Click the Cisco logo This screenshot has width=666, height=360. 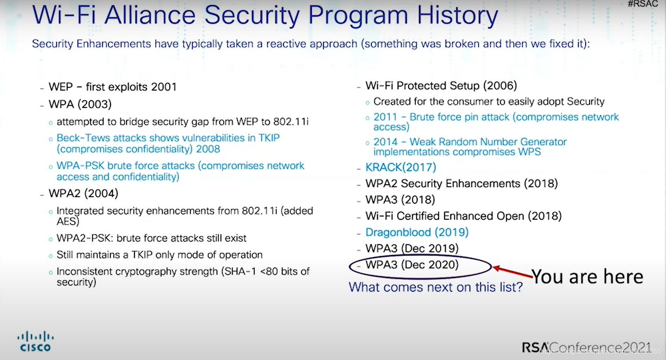click(x=35, y=341)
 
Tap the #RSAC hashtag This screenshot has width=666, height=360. click(x=643, y=4)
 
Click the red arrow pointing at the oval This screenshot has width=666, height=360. click(x=512, y=272)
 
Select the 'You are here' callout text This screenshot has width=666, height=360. click(x=587, y=277)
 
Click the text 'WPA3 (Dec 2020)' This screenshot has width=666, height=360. click(x=412, y=265)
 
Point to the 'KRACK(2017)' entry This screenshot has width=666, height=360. click(x=401, y=167)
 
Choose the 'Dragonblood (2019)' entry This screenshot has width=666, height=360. click(x=417, y=232)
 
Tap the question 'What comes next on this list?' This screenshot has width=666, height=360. click(x=436, y=287)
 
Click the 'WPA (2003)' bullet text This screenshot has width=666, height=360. click(x=80, y=104)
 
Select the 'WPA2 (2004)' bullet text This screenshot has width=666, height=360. click(x=83, y=194)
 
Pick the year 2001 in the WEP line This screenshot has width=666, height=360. click(x=164, y=87)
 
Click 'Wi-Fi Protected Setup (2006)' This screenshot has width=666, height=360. click(x=441, y=86)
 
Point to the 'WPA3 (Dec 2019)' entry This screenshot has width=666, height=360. click(x=412, y=248)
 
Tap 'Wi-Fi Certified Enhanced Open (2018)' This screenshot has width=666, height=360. click(x=464, y=216)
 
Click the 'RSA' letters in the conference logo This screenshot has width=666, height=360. click(x=535, y=347)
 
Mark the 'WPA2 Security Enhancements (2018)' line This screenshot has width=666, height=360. click(x=461, y=184)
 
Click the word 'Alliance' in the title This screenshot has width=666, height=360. click(x=150, y=15)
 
